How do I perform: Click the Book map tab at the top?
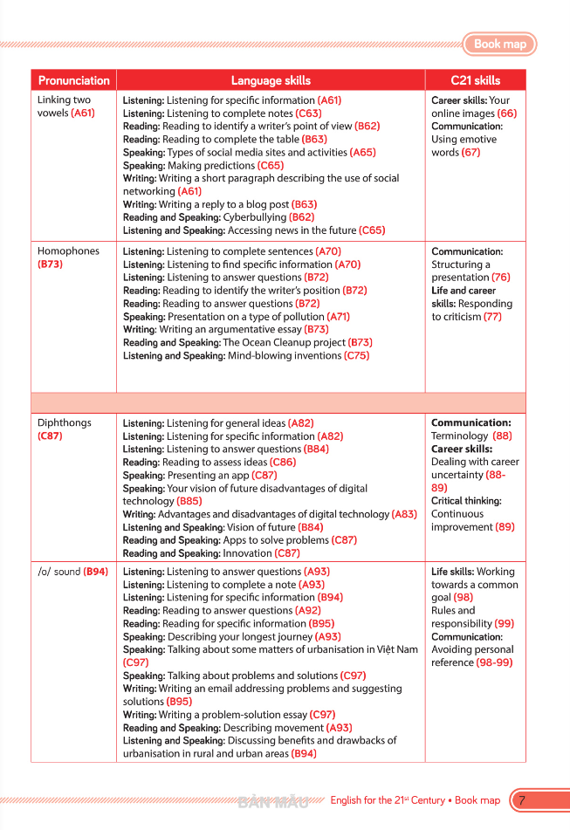[x=500, y=44]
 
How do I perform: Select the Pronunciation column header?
[x=74, y=80]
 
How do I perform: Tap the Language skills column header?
[x=271, y=80]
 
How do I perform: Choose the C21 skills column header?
[x=475, y=80]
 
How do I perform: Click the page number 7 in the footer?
[x=521, y=799]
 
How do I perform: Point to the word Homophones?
[x=68, y=251]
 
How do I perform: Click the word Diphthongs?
[x=64, y=422]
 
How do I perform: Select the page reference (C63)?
[x=308, y=113]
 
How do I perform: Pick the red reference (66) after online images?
[x=506, y=113]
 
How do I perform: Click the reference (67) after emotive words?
[x=470, y=153]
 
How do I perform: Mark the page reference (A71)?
[x=338, y=317]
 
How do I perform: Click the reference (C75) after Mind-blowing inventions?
[x=356, y=356]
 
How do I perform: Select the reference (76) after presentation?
[x=500, y=278]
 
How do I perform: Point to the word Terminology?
[x=459, y=436]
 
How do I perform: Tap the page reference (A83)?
[x=404, y=514]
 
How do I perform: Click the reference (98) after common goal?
[x=463, y=598]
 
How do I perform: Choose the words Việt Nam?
[x=396, y=649]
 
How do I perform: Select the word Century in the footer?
[x=428, y=800]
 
